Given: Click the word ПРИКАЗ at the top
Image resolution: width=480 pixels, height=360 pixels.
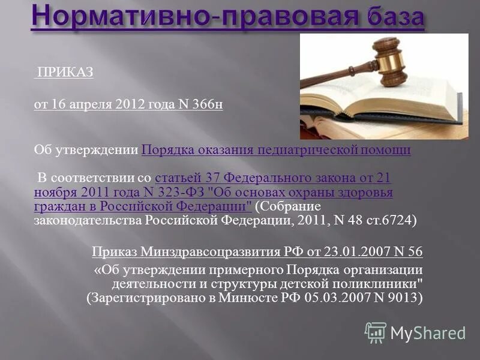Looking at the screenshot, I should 65,73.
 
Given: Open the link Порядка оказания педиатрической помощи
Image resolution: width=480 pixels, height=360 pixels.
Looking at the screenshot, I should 276,150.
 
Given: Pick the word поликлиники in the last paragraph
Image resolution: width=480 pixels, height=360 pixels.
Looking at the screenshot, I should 379,283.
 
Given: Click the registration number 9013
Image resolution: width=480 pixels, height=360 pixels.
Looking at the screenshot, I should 403,298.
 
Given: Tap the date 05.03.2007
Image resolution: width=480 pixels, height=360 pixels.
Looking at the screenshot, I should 332,298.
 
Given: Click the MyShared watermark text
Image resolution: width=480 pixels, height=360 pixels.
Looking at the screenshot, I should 428,332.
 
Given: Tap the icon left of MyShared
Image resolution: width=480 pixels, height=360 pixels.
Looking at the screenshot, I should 376,332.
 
